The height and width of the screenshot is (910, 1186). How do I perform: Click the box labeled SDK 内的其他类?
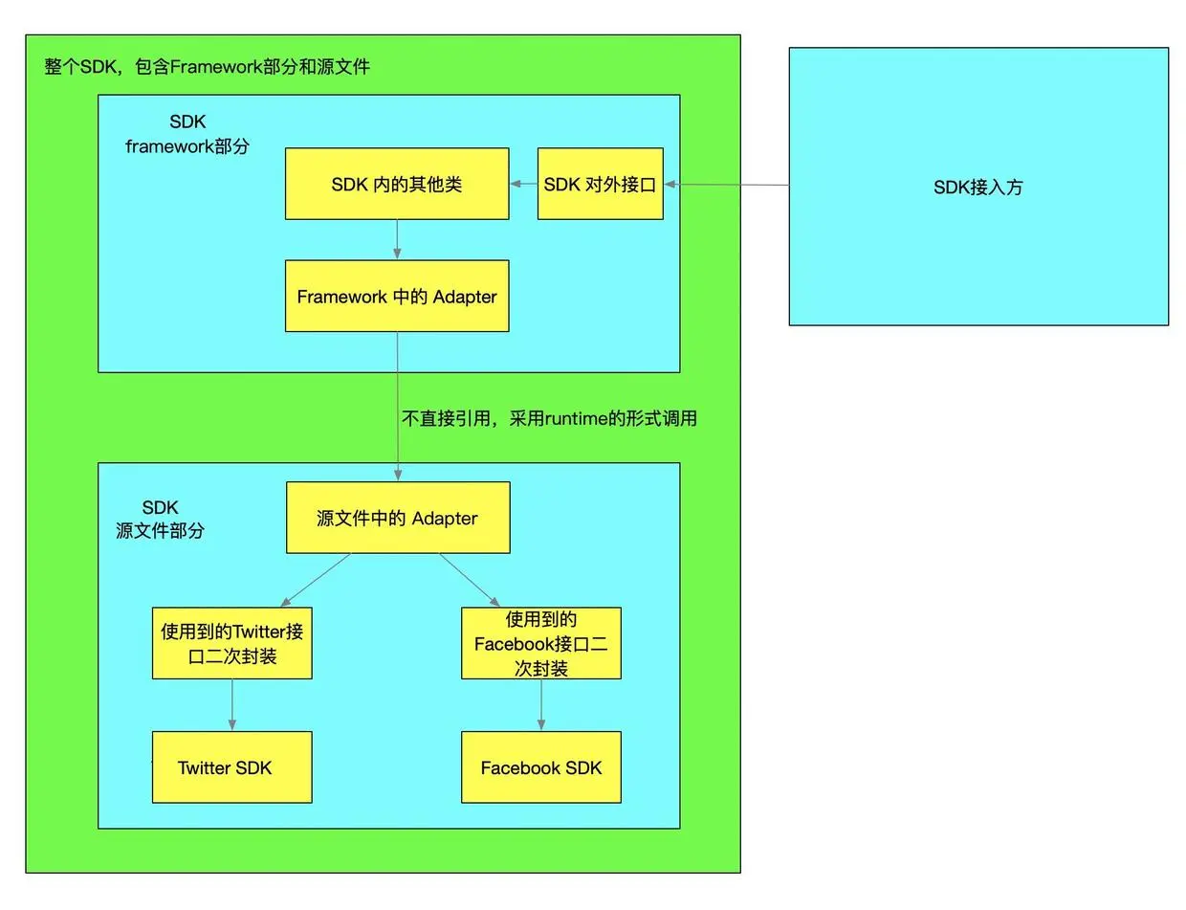[397, 184]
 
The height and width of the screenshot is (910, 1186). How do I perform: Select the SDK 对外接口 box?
[600, 184]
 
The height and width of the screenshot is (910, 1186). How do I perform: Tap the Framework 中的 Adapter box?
[397, 296]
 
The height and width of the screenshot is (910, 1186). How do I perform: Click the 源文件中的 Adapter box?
[398, 518]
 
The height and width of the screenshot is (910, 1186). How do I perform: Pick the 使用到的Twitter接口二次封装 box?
[231, 643]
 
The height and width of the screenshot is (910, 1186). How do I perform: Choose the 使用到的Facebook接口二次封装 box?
[541, 643]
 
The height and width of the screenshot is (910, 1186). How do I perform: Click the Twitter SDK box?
[231, 767]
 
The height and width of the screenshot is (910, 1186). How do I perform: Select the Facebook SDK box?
[541, 767]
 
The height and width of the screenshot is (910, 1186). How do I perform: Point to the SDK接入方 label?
[978, 188]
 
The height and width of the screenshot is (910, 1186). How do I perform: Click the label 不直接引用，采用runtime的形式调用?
[549, 418]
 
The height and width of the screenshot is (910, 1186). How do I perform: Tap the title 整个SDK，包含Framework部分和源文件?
[207, 67]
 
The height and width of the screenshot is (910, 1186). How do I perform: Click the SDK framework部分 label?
[187, 134]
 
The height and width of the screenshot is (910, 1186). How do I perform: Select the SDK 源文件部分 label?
[160, 519]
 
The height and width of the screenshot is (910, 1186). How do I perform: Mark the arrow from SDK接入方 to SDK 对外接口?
[727, 185]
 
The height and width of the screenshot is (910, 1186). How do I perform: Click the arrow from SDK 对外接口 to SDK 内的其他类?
[523, 184]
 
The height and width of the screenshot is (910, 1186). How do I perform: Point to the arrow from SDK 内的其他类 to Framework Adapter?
[397, 239]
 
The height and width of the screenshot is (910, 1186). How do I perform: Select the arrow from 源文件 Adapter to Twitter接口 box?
[316, 580]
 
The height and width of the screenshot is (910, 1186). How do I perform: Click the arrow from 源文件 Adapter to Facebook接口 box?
[470, 580]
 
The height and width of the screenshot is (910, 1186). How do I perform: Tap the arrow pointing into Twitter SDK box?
[231, 705]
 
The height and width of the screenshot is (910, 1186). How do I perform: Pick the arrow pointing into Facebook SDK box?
[541, 705]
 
